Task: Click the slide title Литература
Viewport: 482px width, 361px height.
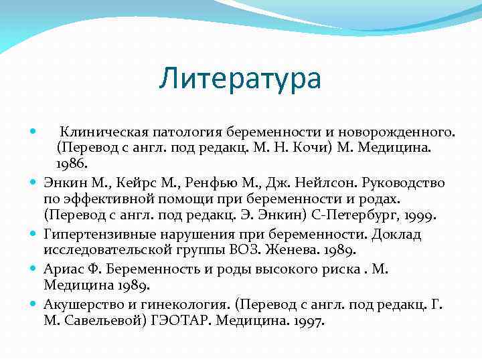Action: pos(240,78)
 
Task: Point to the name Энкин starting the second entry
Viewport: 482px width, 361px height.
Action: pos(63,182)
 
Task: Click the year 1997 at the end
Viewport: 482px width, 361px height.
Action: pos(307,321)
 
